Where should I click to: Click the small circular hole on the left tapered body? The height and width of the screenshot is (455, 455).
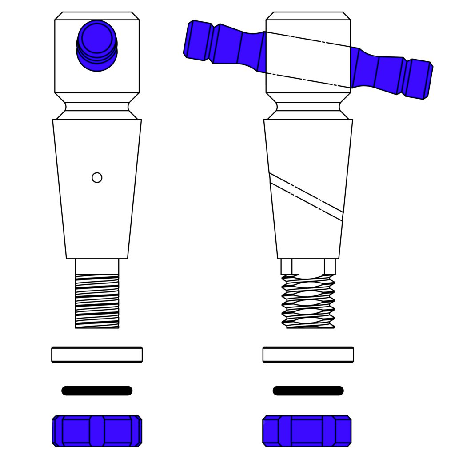pos(97,178)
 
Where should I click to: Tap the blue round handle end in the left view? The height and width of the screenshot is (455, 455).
pos(97,44)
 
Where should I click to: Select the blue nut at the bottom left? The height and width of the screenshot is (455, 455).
pos(97,431)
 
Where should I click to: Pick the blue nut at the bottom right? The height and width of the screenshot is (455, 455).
pos(307,431)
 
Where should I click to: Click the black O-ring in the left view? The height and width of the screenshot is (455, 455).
pos(97,391)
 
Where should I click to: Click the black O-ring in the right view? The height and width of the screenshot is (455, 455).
pos(308,391)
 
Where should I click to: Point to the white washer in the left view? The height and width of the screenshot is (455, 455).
pos(97,355)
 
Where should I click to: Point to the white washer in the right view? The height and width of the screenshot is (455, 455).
pos(308,355)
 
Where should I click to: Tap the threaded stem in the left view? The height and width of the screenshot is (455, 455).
pos(97,301)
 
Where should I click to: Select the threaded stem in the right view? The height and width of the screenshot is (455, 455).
pos(308,301)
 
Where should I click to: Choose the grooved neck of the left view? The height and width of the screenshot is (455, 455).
pos(97,107)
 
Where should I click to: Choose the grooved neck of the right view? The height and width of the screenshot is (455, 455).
pos(308,107)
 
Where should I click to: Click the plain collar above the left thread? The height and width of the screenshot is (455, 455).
pos(97,267)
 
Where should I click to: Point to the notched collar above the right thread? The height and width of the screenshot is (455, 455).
pos(308,267)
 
